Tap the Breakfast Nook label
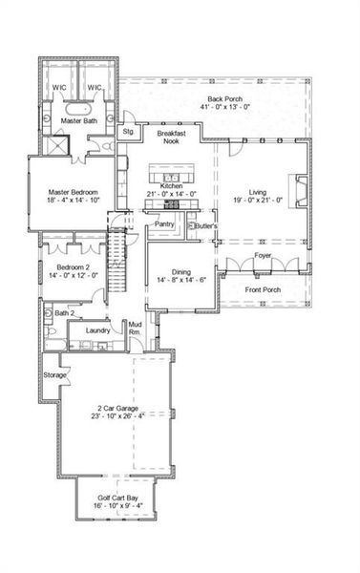[171, 137]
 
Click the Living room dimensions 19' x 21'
[258, 202]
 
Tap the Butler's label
[204, 226]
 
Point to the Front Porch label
[263, 289]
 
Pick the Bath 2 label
[63, 313]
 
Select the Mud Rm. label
[136, 330]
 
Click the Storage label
[54, 375]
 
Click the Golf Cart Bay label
[116, 499]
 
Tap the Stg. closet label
[128, 131]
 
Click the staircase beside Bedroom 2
[117, 263]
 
